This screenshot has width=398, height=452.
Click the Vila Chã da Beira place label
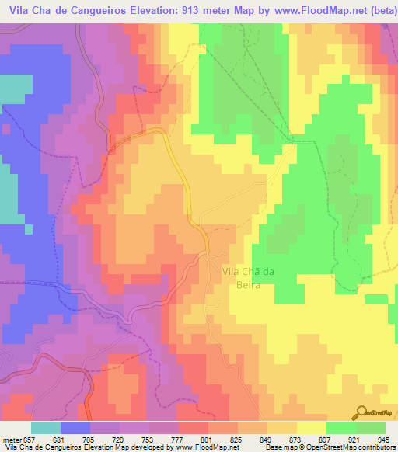pos(250,278)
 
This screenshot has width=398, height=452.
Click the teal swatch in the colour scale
pos(46,427)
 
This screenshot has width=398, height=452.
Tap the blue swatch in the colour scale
pos(75,427)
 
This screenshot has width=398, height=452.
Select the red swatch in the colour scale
pos(194,427)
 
